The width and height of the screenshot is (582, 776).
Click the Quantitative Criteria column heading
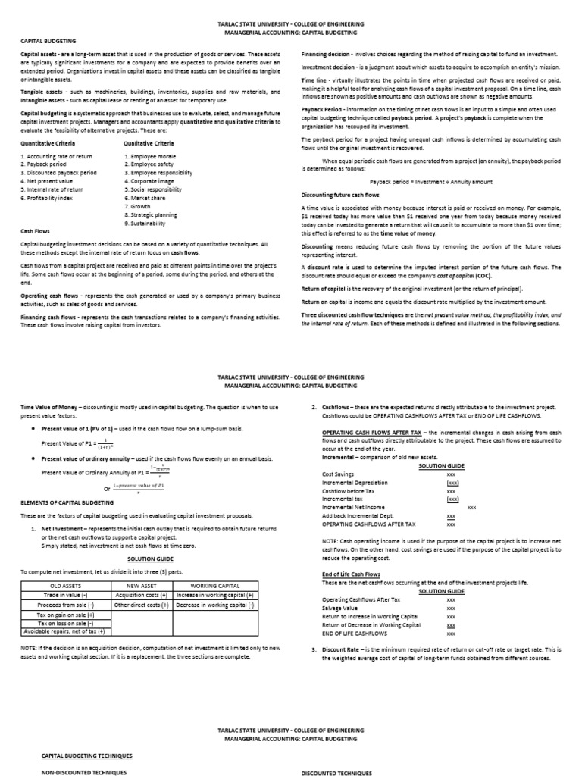coord(47,142)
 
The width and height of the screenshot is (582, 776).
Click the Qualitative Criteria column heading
coord(149,142)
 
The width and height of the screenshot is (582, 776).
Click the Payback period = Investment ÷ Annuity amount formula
coord(430,182)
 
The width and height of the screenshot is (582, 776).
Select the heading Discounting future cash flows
coord(340,195)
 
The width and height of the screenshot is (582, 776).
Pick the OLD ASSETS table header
coord(65,585)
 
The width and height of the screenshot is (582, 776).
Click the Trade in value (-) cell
coord(65,595)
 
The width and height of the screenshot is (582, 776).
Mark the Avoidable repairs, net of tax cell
coord(65,631)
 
